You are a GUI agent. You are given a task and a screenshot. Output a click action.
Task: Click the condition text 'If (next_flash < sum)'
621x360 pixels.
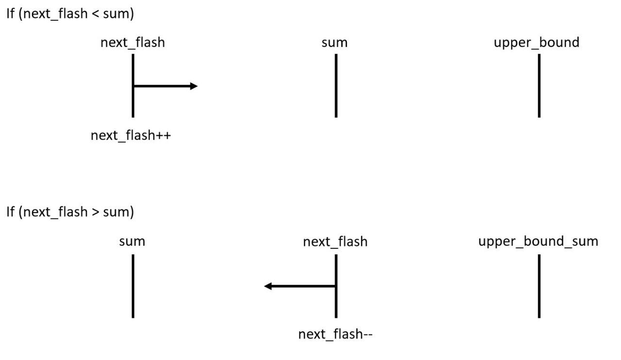(x=70, y=14)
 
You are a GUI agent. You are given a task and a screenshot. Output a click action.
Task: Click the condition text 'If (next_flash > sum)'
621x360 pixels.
(x=70, y=212)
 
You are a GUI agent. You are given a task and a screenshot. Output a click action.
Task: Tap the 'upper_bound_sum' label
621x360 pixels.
(x=538, y=241)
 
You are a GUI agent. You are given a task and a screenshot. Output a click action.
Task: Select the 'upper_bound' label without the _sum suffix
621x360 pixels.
(x=536, y=43)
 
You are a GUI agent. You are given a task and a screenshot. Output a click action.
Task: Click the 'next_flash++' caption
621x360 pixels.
(x=131, y=135)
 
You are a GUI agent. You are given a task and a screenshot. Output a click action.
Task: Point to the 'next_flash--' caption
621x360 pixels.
(x=335, y=334)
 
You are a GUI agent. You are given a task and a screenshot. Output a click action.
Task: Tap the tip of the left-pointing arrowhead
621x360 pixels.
(x=265, y=286)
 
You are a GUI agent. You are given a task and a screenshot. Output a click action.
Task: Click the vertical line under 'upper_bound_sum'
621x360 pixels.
(x=539, y=286)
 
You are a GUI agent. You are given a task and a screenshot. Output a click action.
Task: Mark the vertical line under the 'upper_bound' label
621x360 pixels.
(x=539, y=86)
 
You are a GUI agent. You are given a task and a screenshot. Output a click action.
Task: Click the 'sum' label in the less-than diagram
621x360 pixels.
(x=334, y=43)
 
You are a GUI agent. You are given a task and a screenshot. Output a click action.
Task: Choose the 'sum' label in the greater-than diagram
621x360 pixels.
(x=132, y=241)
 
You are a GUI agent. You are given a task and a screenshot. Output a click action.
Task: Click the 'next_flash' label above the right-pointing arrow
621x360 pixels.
(x=132, y=43)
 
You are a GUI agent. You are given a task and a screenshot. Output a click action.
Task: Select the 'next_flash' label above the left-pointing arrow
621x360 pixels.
(x=335, y=241)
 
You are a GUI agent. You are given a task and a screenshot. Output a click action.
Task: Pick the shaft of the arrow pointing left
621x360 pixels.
(x=303, y=286)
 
